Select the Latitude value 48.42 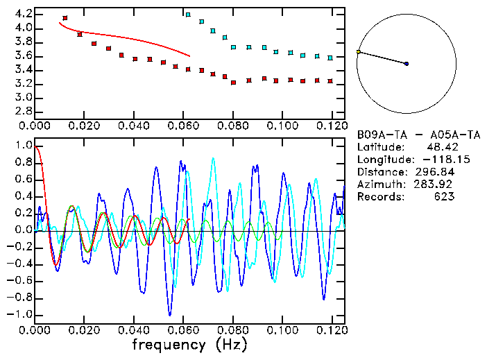click(441, 147)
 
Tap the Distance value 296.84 click(436, 172)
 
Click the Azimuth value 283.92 click(436, 185)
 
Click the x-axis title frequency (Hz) click(190, 345)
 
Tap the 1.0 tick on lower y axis click(24, 146)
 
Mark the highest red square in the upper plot click(65, 18)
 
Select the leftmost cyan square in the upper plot click(188, 14)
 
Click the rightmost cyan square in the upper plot click(330, 58)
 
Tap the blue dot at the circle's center click(407, 64)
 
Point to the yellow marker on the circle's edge click(358, 52)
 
